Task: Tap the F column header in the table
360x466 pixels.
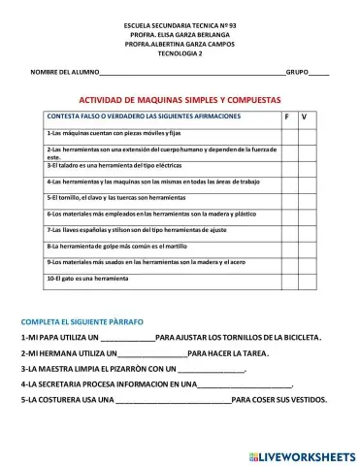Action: (287, 117)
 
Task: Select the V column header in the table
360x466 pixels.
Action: (306, 117)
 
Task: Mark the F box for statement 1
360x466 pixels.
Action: (287, 133)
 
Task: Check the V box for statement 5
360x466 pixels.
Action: (307, 197)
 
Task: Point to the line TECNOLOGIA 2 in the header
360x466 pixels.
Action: (180, 53)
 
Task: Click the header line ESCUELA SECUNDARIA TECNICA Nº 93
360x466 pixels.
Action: (180, 22)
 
